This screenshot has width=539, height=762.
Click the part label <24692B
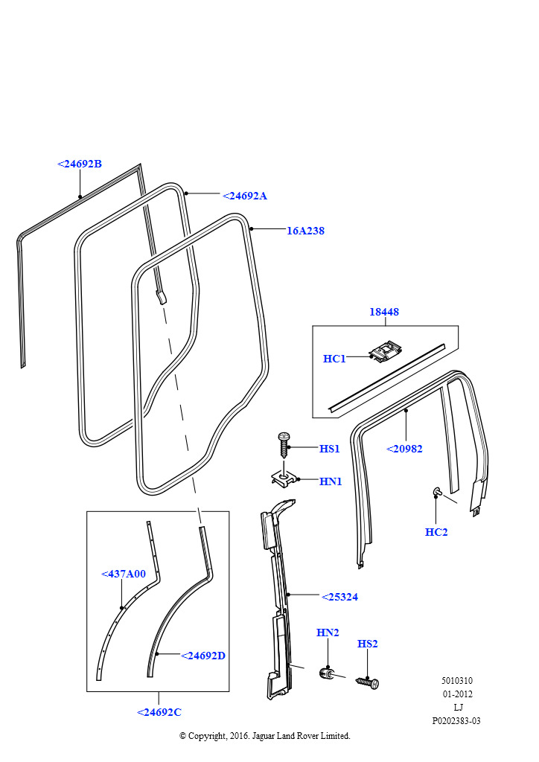(x=80, y=164)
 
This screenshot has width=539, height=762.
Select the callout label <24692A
(x=244, y=196)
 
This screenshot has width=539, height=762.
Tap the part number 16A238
(x=305, y=231)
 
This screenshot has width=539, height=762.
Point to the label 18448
(x=384, y=313)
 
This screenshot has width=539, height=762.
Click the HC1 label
(x=334, y=359)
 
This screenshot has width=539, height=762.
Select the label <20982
(x=404, y=449)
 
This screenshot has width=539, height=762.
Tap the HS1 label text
(x=330, y=449)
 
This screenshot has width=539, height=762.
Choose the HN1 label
(x=331, y=482)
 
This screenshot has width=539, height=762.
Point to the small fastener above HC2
(x=437, y=491)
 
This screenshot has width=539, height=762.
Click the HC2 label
(x=436, y=532)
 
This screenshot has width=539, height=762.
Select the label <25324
(x=339, y=597)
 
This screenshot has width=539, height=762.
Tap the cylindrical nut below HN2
(x=326, y=674)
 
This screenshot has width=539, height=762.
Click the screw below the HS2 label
(x=369, y=681)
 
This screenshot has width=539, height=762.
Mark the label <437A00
(x=124, y=574)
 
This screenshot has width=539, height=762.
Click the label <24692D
(x=202, y=656)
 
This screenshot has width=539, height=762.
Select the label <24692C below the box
(x=159, y=712)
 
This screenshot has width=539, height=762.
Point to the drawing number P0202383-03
(x=456, y=721)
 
